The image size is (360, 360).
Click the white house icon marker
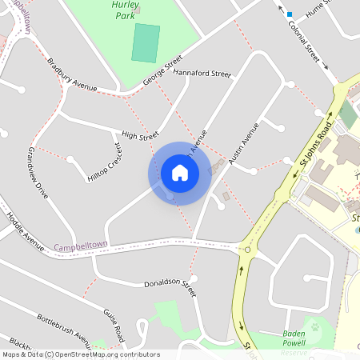pos(180,172)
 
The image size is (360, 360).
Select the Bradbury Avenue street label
pos(72,74)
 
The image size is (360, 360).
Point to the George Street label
pos(158,71)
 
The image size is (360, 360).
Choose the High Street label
pos(140,136)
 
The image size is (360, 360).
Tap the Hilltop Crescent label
pos(106,162)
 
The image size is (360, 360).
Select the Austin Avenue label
pos(244,144)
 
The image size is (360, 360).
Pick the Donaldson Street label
pos(170,284)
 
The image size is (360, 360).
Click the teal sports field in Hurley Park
pos(146,43)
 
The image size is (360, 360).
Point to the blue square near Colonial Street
pos(290,14)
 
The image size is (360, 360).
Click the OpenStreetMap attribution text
pos(81,354)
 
